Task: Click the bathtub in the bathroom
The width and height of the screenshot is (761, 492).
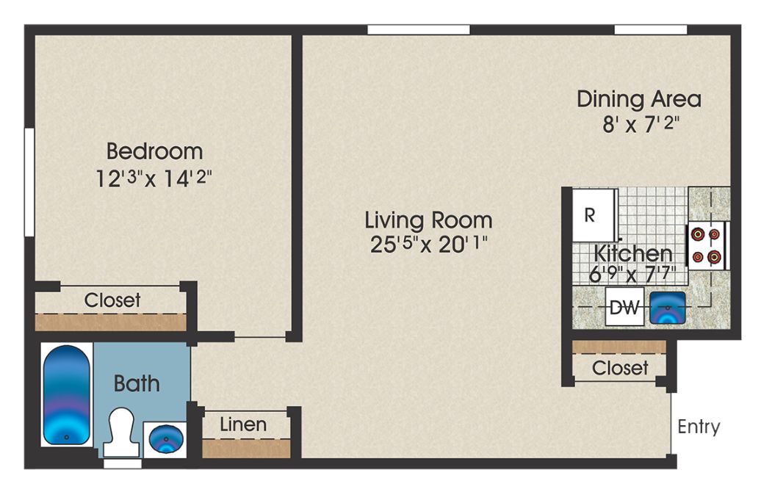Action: coord(67,395)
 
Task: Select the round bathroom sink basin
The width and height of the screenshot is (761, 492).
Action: coord(166,438)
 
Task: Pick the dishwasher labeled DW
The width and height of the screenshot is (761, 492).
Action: coord(624,307)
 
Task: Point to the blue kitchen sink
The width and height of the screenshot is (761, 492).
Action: coord(667,308)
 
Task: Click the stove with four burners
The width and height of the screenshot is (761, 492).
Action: coord(707,245)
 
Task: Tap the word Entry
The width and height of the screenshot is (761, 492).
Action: coord(699,427)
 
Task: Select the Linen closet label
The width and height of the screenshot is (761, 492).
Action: coord(243,424)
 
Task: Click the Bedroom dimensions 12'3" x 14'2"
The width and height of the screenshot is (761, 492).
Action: coord(154,178)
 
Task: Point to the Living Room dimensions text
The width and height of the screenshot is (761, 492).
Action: coord(428,244)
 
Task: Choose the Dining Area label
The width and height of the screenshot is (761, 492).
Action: coord(639,99)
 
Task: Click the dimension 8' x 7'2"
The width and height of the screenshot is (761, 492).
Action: coord(639,125)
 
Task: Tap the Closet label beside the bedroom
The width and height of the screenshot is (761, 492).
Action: coord(112,300)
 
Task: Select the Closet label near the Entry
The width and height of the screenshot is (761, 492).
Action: coord(620,368)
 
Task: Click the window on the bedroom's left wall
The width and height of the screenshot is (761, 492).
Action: coord(29,182)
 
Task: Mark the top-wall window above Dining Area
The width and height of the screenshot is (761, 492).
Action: coord(650,29)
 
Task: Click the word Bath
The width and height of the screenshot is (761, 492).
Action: coord(137,383)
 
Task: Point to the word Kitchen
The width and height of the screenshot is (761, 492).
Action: coord(633,253)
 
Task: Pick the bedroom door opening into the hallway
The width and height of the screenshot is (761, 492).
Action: coord(260,337)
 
